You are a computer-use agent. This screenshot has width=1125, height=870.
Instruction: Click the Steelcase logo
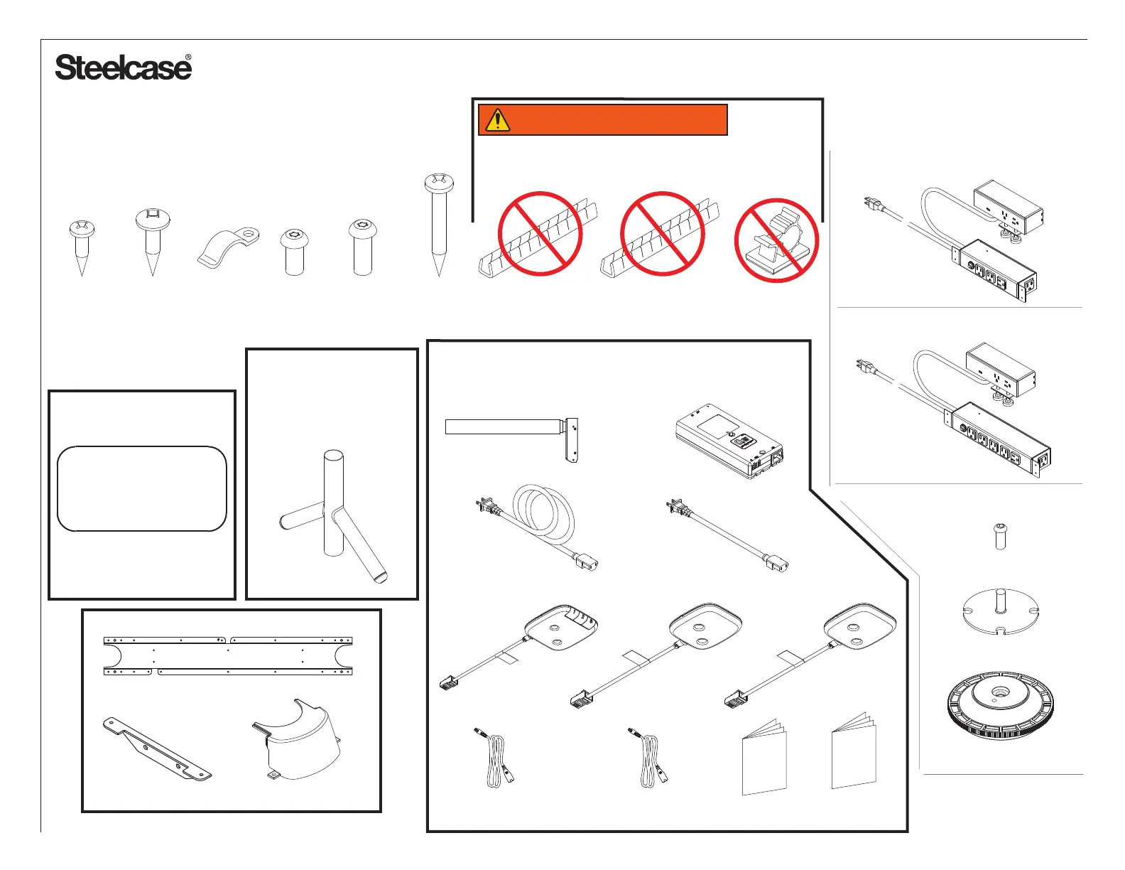(123, 68)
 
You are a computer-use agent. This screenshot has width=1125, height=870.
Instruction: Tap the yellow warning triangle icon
(497, 120)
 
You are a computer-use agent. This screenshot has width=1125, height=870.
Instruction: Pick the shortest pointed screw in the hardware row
(82, 245)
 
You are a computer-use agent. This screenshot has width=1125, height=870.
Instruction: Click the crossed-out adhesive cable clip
(776, 240)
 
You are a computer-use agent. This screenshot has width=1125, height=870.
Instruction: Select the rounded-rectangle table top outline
(141, 488)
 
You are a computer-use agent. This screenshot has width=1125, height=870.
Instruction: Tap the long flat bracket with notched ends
(228, 655)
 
